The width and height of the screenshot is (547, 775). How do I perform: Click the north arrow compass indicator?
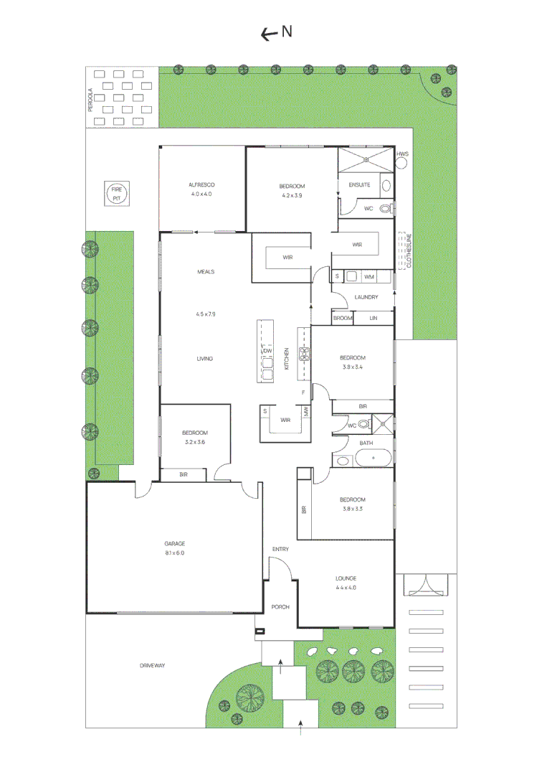(x=276, y=32)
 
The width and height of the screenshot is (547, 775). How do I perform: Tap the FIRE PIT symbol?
(x=116, y=192)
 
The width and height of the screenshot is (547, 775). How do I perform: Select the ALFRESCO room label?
(x=202, y=184)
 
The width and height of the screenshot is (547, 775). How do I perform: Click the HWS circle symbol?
(x=401, y=161)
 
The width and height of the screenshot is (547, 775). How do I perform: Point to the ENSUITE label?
(x=359, y=184)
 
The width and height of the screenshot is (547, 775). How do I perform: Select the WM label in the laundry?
(x=368, y=276)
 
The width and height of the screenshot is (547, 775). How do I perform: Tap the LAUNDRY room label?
(x=366, y=297)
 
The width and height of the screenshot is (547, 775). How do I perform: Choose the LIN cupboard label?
(x=373, y=318)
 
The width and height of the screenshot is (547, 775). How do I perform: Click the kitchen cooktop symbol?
(x=304, y=353)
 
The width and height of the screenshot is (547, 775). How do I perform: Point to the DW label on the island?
(x=267, y=350)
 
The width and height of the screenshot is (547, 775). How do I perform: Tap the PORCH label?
(x=280, y=607)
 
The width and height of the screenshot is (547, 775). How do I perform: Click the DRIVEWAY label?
(x=152, y=666)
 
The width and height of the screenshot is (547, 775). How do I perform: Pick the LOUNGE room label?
(x=346, y=578)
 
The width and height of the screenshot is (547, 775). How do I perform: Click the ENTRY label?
(x=280, y=550)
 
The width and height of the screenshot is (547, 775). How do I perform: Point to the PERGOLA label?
(x=91, y=100)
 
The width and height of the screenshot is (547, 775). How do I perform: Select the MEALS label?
(x=206, y=272)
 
